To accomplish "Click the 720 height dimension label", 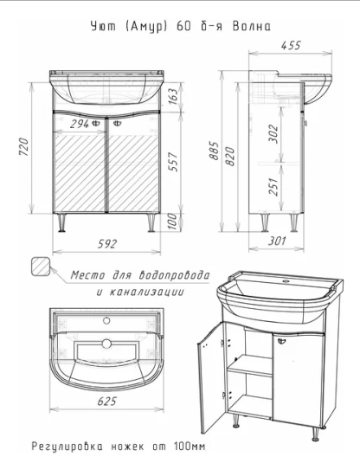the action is (24, 147).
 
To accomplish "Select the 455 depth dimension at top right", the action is (291, 45).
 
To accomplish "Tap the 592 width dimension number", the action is (106, 244).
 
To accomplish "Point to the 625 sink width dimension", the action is (106, 402).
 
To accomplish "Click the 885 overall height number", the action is (214, 151).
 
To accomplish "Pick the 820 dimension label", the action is (230, 157).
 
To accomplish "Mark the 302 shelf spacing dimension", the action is (273, 133).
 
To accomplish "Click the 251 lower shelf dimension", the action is (273, 187).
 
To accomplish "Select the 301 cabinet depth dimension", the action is (277, 241).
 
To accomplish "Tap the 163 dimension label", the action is (172, 96).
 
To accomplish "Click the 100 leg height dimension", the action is (172, 221).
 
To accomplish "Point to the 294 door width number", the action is (80, 124).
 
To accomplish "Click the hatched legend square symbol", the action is (41, 267).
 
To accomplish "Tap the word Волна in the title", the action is (252, 27).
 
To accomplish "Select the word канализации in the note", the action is (146, 292).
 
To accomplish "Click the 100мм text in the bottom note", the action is (190, 447).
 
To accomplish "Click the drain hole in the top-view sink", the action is (106, 344).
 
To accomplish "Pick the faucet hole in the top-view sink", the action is (106, 320).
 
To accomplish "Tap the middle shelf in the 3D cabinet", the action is (250, 366).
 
